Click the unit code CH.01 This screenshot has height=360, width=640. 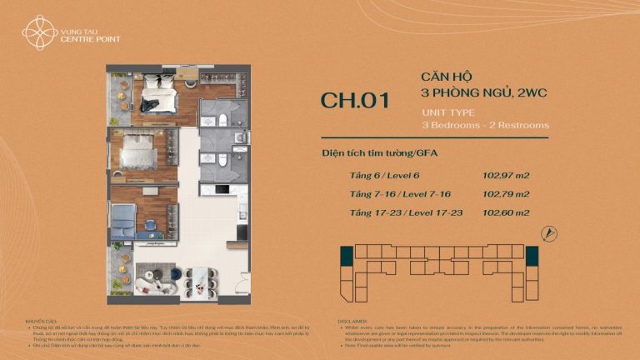[354, 101]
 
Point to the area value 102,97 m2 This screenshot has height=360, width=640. [506, 176]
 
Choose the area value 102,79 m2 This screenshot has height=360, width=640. [506, 194]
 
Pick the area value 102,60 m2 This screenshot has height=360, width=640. [506, 212]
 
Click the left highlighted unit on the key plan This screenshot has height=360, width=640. [346, 257]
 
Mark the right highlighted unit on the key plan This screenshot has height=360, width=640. [532, 257]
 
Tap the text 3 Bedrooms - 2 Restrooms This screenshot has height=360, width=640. [486, 124]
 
